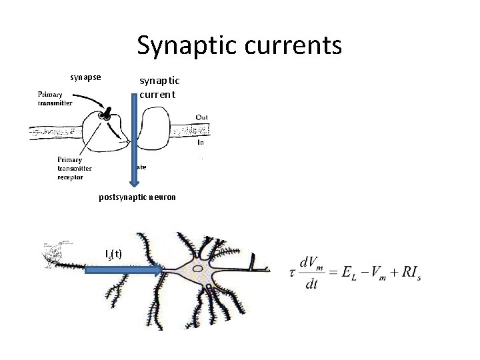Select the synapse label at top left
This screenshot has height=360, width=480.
pos(86,77)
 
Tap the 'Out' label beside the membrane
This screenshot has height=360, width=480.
pos(201,117)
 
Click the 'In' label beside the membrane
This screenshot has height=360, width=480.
pos(201,143)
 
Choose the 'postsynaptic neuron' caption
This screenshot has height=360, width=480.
pos(137,197)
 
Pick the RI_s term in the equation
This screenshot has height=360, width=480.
pos(407,273)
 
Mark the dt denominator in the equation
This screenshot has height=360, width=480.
pos(311,283)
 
